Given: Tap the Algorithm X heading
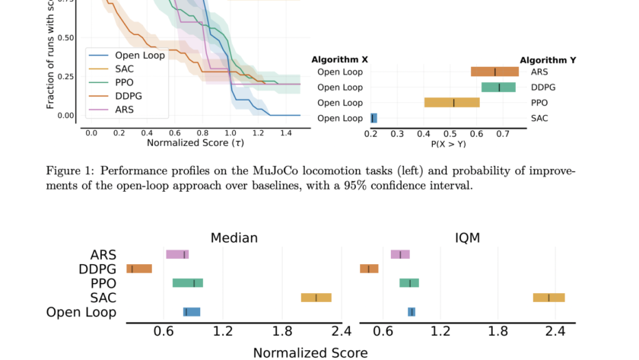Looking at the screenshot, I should point(340,59).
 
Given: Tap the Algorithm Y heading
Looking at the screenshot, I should point(548,59).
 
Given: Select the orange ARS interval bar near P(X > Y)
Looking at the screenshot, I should point(494,72).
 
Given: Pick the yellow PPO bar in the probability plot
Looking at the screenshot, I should point(452,103).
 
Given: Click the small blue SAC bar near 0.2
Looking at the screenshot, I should point(374,118).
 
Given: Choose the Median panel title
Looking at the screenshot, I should point(234,238).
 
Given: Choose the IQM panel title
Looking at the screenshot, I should point(468,238).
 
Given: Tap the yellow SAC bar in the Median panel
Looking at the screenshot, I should point(316,298).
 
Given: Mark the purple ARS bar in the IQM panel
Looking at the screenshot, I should point(400,254).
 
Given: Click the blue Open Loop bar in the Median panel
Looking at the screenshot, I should point(192,312).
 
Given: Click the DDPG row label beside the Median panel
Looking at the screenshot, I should point(97,269).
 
